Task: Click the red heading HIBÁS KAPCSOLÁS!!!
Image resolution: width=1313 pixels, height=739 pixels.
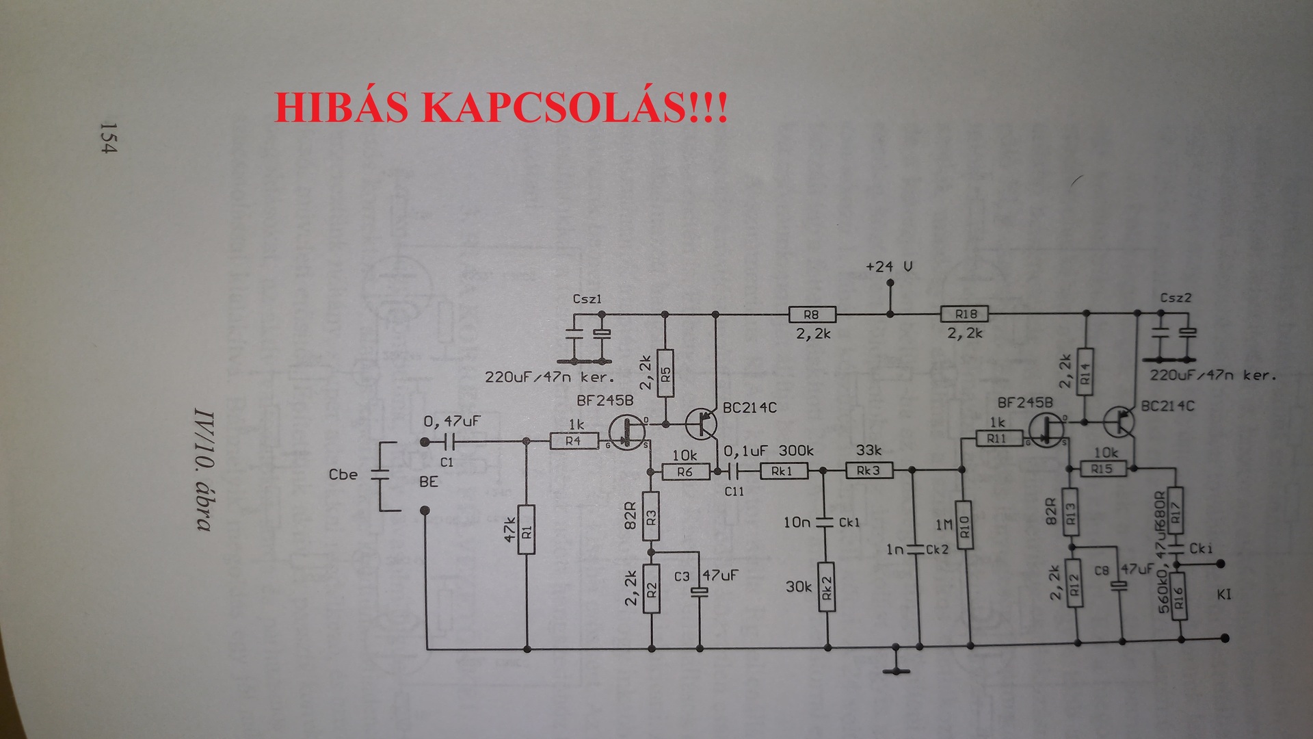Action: coord(501,107)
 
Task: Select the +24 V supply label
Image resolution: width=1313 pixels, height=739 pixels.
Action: coord(889,266)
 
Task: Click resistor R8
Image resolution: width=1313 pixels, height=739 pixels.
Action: coord(812,315)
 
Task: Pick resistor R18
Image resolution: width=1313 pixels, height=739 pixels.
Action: coord(965,314)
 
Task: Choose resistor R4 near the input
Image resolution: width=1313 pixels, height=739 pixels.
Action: coord(573,441)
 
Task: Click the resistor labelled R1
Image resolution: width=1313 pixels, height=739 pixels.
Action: coord(527,530)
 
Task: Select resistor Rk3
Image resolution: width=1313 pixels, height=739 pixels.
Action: coord(869,471)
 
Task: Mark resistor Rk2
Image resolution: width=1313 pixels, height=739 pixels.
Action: coord(827,587)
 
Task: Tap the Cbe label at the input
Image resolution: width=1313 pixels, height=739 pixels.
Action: coord(343,474)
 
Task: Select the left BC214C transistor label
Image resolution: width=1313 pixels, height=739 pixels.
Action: coord(750,408)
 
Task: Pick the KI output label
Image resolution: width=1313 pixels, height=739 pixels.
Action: coord(1223,594)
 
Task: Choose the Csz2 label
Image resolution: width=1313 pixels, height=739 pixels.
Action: coord(1176,298)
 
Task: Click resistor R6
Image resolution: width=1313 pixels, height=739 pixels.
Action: coord(684,471)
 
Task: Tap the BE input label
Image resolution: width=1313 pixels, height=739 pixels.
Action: coord(429,481)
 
